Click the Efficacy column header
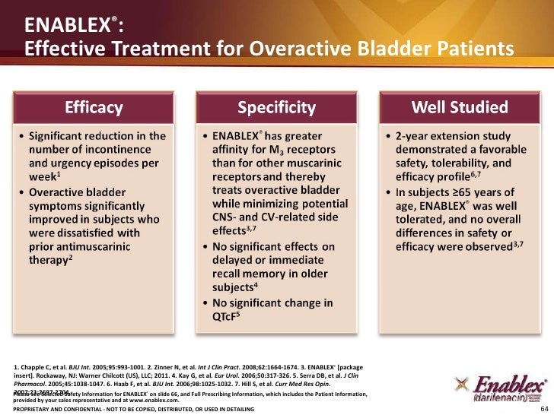94,108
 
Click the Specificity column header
276,108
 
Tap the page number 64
543,408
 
